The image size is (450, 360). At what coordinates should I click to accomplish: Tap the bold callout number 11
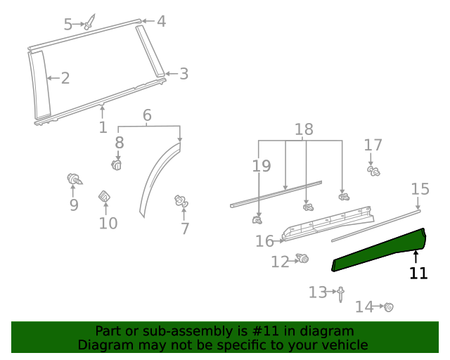[x=418, y=274]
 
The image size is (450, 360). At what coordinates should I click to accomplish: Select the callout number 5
[x=68, y=25]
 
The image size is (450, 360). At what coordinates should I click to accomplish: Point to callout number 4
[x=161, y=21]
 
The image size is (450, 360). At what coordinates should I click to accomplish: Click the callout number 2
[x=65, y=78]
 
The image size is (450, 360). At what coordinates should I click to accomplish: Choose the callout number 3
[x=184, y=74]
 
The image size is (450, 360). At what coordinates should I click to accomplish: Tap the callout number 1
[x=103, y=127]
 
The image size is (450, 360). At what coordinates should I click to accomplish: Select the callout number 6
[x=147, y=115]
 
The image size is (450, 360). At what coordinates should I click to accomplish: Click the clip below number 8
[x=117, y=165]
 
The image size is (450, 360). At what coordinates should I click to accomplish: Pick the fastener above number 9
[x=73, y=179]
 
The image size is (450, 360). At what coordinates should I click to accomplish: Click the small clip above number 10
[x=104, y=197]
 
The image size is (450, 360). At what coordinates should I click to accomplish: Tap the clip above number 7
[x=181, y=202]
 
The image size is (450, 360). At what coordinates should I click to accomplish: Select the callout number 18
[x=304, y=129]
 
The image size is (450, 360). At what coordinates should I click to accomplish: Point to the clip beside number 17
[x=373, y=170]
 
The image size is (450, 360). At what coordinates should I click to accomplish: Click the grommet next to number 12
[x=304, y=259]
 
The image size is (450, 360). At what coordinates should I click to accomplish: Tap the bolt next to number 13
[x=340, y=293]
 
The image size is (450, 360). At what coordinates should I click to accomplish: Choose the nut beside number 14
[x=387, y=307]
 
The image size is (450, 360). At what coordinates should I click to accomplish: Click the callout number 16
[x=264, y=241]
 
